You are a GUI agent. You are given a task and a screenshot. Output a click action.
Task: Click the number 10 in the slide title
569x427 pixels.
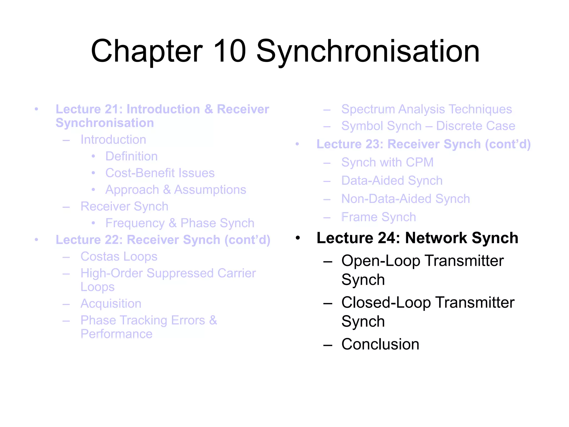(x=229, y=51)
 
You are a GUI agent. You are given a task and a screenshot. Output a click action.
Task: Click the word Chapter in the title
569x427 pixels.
(x=147, y=51)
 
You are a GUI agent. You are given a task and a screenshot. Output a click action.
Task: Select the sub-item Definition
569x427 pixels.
(x=131, y=156)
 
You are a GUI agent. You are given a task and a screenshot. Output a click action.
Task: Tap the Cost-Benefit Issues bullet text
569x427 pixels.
(x=160, y=173)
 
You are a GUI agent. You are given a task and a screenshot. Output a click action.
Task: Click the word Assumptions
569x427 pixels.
(x=210, y=190)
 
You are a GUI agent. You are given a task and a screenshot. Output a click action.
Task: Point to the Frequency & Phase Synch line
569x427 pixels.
(x=180, y=223)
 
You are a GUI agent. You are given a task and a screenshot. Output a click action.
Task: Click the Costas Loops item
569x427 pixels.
(x=119, y=256)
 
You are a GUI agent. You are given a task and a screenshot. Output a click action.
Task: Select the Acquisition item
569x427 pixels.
(x=111, y=304)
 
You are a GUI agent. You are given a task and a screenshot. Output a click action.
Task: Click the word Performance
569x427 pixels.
(x=116, y=334)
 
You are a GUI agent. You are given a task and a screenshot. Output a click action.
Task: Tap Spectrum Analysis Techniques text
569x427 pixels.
(x=426, y=109)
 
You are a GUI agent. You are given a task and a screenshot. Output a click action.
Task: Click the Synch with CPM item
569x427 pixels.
(x=387, y=162)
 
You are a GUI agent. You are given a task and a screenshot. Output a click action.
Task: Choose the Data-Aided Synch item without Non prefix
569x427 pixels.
(x=392, y=181)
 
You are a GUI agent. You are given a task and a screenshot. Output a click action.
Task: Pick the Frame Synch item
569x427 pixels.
(x=379, y=217)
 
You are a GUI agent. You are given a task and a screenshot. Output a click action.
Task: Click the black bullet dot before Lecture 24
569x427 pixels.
(x=298, y=238)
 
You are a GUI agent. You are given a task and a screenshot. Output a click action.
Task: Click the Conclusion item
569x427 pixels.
(x=380, y=344)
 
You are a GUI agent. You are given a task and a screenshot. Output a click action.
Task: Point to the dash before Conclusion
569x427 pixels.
(x=328, y=345)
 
